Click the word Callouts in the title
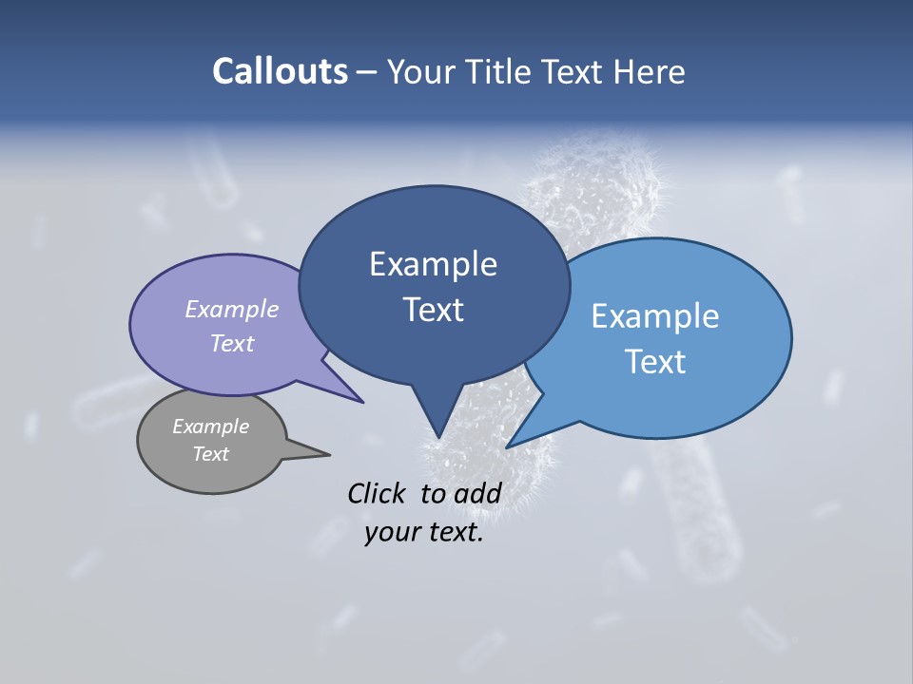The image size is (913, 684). click(280, 71)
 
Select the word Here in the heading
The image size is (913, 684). click(650, 71)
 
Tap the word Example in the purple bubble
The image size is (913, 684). click(232, 310)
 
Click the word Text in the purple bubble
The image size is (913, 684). click(232, 343)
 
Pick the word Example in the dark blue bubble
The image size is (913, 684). click(433, 264)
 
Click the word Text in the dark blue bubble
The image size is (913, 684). click(433, 310)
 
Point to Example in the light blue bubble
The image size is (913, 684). click(655, 316)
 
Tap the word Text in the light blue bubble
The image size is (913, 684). click(655, 362)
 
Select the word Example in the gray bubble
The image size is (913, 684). click(211, 427)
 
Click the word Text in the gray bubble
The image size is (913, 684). click(211, 454)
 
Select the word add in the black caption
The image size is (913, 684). click(477, 493)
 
